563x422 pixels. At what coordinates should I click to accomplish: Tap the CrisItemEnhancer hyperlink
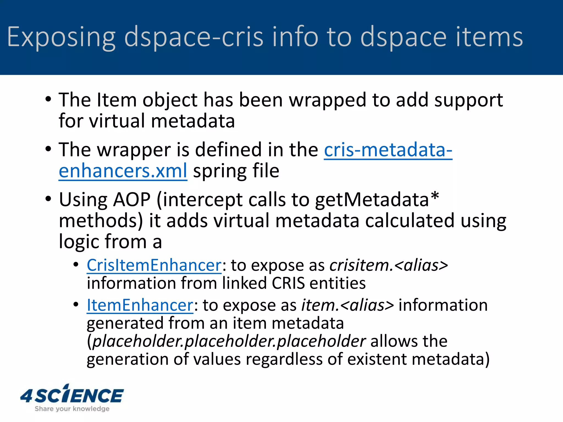click(154, 265)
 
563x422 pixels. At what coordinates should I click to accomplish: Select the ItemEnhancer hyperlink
click(140, 305)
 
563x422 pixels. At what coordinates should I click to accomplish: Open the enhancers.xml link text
click(123, 171)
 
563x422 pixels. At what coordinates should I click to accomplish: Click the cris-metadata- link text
click(388, 150)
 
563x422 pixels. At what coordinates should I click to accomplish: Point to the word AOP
click(132, 199)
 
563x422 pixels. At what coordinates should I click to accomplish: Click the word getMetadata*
click(377, 199)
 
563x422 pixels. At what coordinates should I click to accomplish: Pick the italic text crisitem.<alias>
click(389, 265)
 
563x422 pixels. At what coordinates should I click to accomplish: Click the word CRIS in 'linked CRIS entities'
click(288, 283)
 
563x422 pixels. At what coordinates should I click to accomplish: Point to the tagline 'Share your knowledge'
click(72, 409)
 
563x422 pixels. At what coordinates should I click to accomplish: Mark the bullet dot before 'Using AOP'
click(48, 199)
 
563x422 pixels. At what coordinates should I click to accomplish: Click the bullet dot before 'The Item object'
click(48, 99)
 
